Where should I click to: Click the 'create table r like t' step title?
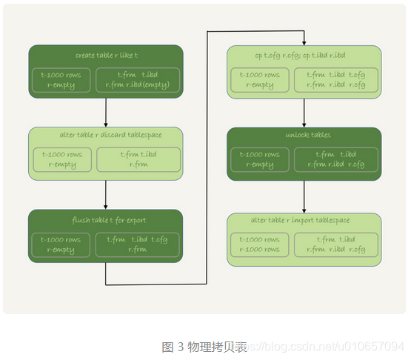tap(105, 56)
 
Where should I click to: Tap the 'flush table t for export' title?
tap(105, 221)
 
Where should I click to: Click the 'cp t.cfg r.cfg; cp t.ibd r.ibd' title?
tap(304, 56)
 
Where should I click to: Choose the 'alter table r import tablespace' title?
tap(304, 221)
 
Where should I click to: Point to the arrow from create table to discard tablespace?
tap(106, 112)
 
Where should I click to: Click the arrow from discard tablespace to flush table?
tap(106, 195)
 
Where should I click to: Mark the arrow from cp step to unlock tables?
tap(304, 112)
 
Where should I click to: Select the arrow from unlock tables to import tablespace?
tap(304, 195)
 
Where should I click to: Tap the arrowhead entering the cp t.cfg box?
tap(304, 41)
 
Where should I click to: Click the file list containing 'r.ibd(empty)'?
tap(138, 80)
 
